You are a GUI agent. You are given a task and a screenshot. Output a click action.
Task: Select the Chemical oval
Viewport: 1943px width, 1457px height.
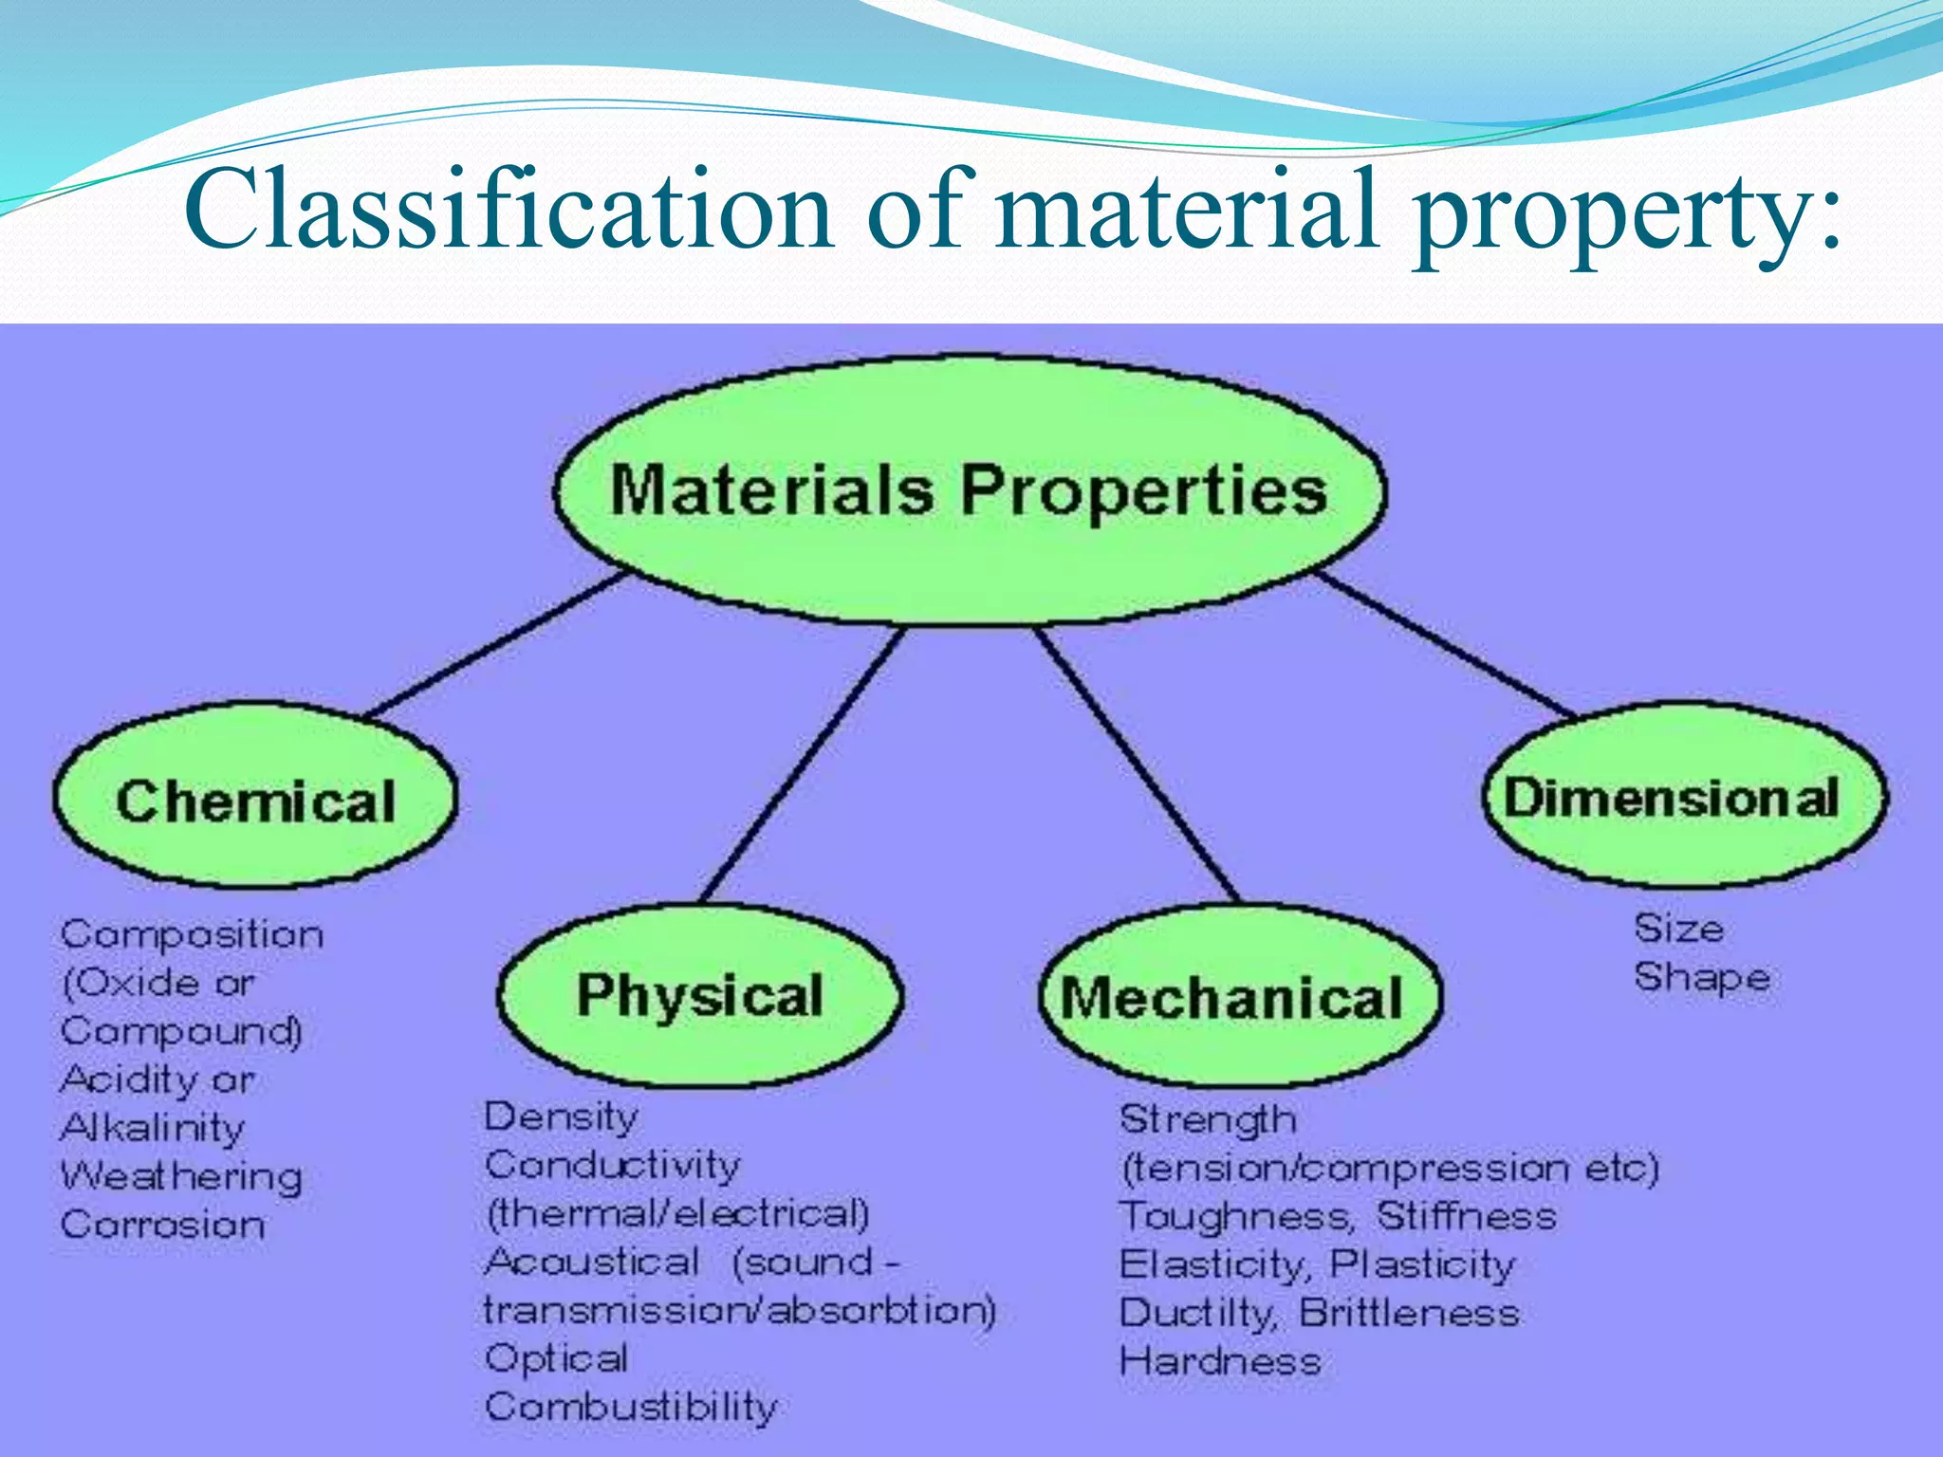pyautogui.click(x=254, y=798)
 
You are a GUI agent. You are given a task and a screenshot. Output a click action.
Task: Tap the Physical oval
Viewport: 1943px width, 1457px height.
pyautogui.click(x=700, y=996)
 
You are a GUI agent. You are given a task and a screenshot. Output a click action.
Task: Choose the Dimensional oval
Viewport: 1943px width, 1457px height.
pyautogui.click(x=1684, y=797)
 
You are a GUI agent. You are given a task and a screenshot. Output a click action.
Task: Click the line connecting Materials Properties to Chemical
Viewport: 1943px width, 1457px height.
pyautogui.click(x=493, y=645)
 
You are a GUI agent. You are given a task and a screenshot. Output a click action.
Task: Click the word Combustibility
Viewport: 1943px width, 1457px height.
pyautogui.click(x=631, y=1407)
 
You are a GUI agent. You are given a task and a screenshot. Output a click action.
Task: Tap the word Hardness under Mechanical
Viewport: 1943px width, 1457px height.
pyautogui.click(x=1220, y=1361)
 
